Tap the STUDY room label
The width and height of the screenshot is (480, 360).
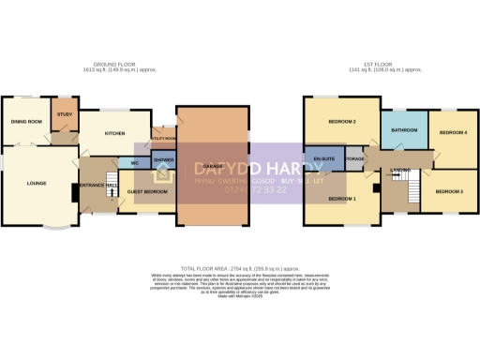click(x=64, y=114)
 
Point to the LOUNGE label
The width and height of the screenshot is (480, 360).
click(x=23, y=184)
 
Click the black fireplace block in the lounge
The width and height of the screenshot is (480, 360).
click(x=75, y=192)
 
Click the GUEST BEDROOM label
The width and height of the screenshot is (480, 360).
click(x=146, y=191)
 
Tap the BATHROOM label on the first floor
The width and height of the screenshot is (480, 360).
click(x=404, y=130)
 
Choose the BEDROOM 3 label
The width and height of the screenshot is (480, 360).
click(x=449, y=191)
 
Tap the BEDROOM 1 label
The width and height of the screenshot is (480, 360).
click(x=341, y=200)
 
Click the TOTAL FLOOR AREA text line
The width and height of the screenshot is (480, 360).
click(x=240, y=267)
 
